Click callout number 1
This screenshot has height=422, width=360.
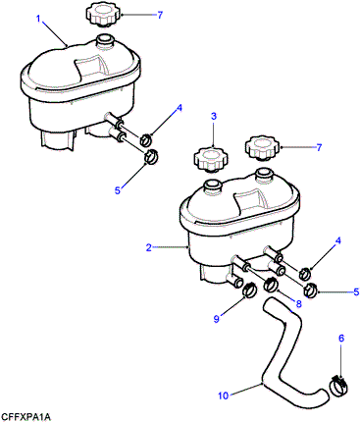pos(38,19)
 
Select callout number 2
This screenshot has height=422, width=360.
pos(149,247)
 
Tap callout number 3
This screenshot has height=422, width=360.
pos(214,116)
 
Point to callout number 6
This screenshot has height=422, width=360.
pos(341,339)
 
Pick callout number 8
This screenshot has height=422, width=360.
pos(298,304)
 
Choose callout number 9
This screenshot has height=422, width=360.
pos(217,319)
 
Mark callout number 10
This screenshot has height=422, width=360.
pos(223,396)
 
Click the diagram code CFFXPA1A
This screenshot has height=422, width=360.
pos(26,416)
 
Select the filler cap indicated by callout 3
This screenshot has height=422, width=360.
pos(211,159)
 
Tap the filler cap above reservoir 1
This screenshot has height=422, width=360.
pos(103,15)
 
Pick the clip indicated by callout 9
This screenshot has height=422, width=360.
pos(251,290)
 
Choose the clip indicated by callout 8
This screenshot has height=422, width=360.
pos(271,285)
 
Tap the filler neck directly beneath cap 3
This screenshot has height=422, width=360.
pos(213,187)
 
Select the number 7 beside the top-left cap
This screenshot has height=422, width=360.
pos(160,15)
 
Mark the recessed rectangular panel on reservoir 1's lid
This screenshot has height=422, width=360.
pos(91,68)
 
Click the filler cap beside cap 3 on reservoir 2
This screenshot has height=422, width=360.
pos(263,148)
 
